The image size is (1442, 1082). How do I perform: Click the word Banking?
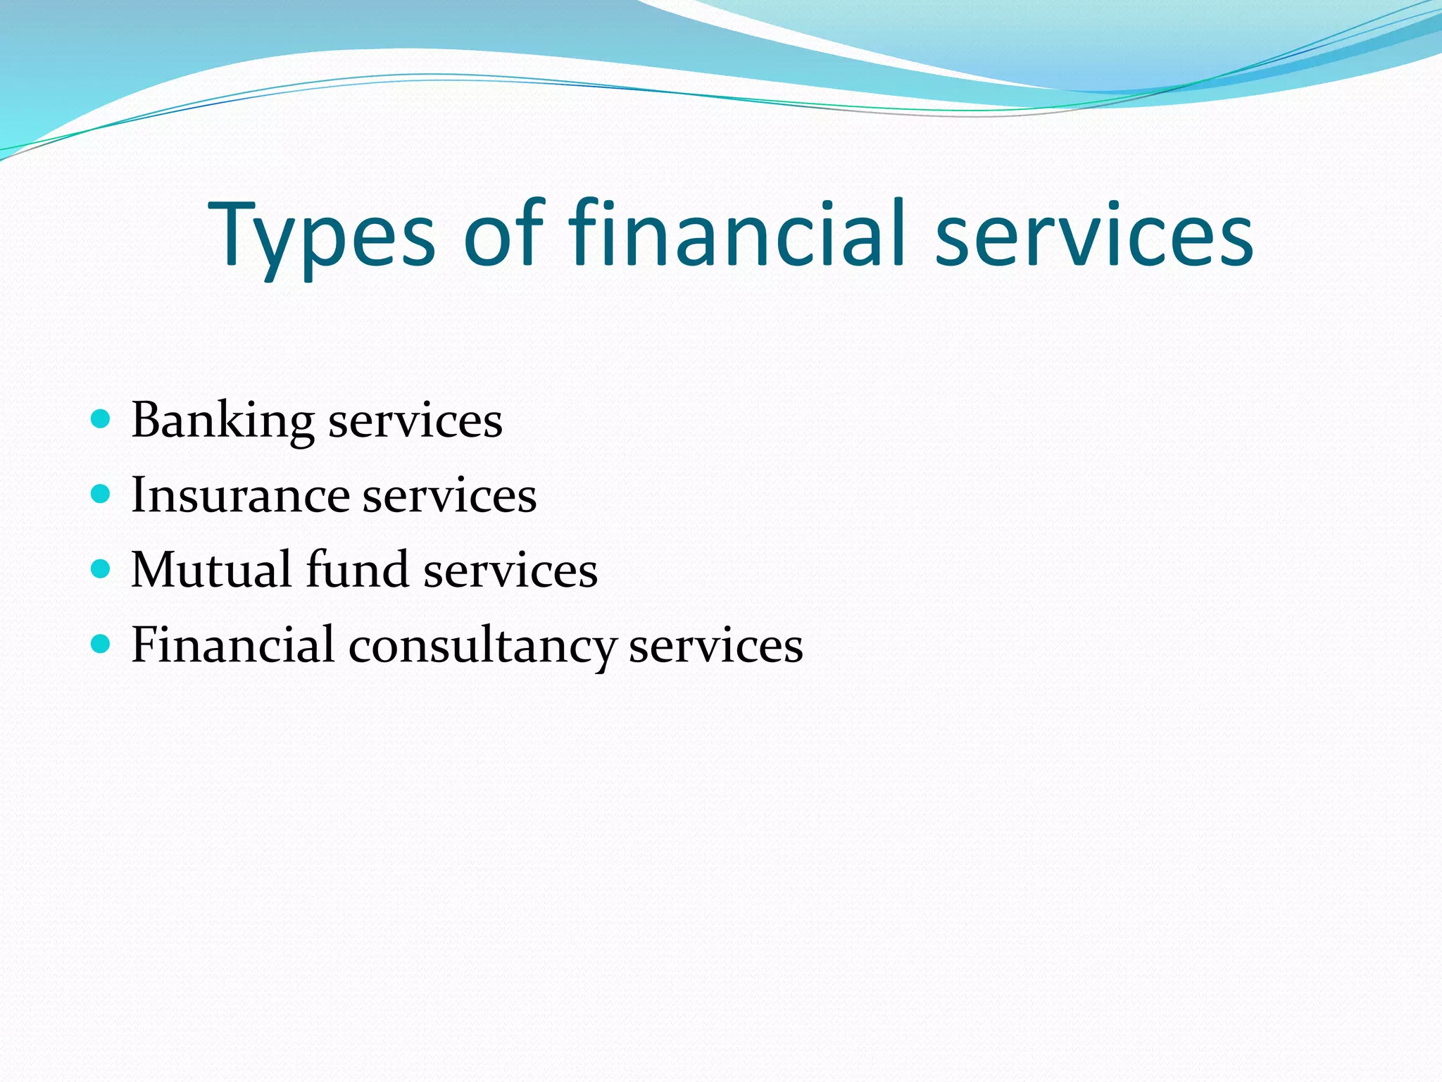point(222,421)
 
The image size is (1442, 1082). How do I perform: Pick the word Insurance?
point(239,495)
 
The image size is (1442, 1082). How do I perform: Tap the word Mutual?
point(211,569)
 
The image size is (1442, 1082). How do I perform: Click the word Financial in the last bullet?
point(232,644)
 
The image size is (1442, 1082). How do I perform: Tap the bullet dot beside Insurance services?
point(101,494)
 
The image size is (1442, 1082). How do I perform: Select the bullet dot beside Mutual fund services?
point(101,568)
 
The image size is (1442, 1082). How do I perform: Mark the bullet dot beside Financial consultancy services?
point(101,643)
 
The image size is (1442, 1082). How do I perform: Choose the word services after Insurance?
point(449,496)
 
